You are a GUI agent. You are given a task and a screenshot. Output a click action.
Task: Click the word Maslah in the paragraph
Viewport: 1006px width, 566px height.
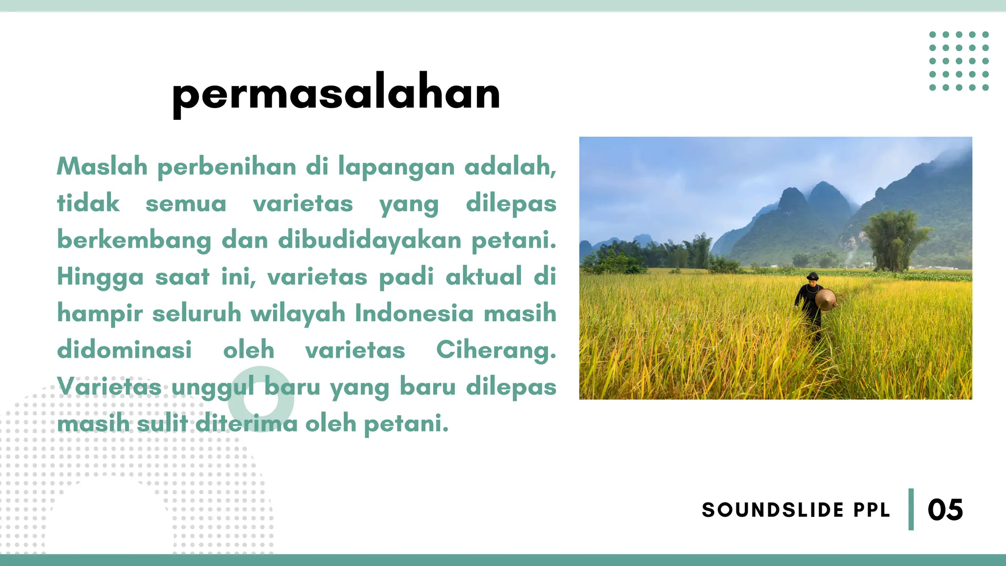tap(102, 166)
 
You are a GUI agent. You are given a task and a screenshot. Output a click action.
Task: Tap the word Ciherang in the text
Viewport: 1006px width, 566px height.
tap(496, 350)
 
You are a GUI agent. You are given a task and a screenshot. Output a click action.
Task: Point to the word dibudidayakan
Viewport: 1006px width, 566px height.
tap(370, 240)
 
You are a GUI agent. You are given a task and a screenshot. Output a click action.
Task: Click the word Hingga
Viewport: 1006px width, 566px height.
tap(100, 277)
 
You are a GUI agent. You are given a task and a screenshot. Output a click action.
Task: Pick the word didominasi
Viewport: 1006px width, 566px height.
tap(124, 350)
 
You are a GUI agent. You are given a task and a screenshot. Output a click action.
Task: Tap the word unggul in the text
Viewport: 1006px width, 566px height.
tap(213, 387)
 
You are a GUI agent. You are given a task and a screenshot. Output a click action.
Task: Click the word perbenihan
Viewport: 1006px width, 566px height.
tap(226, 167)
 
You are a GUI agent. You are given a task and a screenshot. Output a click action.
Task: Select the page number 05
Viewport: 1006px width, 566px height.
tap(945, 510)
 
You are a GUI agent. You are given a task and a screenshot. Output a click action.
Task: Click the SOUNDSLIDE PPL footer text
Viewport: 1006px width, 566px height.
tap(796, 510)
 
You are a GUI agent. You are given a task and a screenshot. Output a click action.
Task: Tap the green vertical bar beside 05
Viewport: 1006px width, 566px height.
tap(911, 509)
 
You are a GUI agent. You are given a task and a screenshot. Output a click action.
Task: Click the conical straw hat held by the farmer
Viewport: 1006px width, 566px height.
tap(826, 299)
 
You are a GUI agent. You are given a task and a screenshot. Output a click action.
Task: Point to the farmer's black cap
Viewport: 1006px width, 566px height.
tap(813, 276)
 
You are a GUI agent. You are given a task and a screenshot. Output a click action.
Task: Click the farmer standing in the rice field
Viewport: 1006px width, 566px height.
tap(811, 305)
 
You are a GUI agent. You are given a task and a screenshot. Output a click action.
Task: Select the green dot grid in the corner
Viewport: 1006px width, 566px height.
tap(959, 61)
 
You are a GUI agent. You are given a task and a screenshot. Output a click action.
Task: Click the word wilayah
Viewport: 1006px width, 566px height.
tap(298, 313)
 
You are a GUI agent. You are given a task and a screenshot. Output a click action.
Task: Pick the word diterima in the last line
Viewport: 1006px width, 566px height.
tap(246, 424)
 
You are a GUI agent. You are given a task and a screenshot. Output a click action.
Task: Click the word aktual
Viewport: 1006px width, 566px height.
tap(483, 277)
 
